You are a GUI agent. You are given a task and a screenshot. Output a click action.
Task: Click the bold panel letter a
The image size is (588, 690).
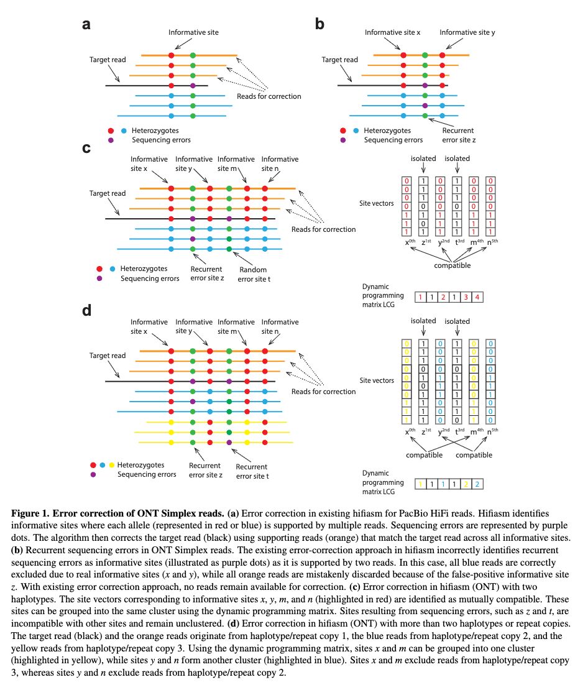[88, 25]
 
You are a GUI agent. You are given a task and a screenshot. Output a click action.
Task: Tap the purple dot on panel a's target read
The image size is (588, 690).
[193, 85]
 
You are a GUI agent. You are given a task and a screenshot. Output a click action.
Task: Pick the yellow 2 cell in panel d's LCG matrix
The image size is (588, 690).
[465, 482]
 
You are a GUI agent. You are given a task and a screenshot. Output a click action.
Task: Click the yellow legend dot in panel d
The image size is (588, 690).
[111, 464]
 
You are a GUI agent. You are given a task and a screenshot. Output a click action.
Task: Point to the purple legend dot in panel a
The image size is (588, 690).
[111, 140]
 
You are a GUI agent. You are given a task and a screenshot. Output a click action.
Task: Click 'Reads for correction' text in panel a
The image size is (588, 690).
[269, 96]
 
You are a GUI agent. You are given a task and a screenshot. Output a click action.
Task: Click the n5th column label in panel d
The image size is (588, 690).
[491, 431]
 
